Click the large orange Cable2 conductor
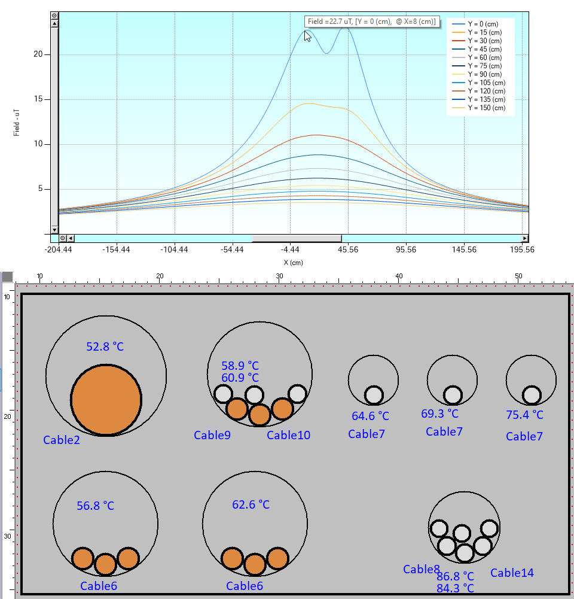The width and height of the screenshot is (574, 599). [106, 400]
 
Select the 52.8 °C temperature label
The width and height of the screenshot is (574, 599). [105, 346]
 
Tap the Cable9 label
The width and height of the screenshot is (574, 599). [212, 435]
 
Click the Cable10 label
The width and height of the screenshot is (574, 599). [289, 435]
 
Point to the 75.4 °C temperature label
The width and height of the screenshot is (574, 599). [525, 415]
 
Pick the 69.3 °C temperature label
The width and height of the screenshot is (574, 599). [440, 413]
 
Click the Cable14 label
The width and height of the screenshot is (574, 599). [512, 573]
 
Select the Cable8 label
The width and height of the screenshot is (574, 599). [422, 569]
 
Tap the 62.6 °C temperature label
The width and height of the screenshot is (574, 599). [251, 504]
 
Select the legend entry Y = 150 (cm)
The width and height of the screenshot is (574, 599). [486, 108]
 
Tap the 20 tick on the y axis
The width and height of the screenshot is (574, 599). [38, 54]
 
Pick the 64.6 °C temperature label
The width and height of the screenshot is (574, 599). [370, 416]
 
